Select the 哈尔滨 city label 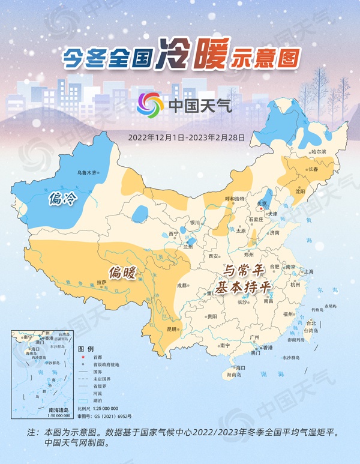point(319,152)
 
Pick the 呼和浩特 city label point(235,199)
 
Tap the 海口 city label point(241,367)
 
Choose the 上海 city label point(308,272)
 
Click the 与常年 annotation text point(242,271)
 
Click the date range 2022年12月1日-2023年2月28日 point(187,137)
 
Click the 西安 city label point(212,256)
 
